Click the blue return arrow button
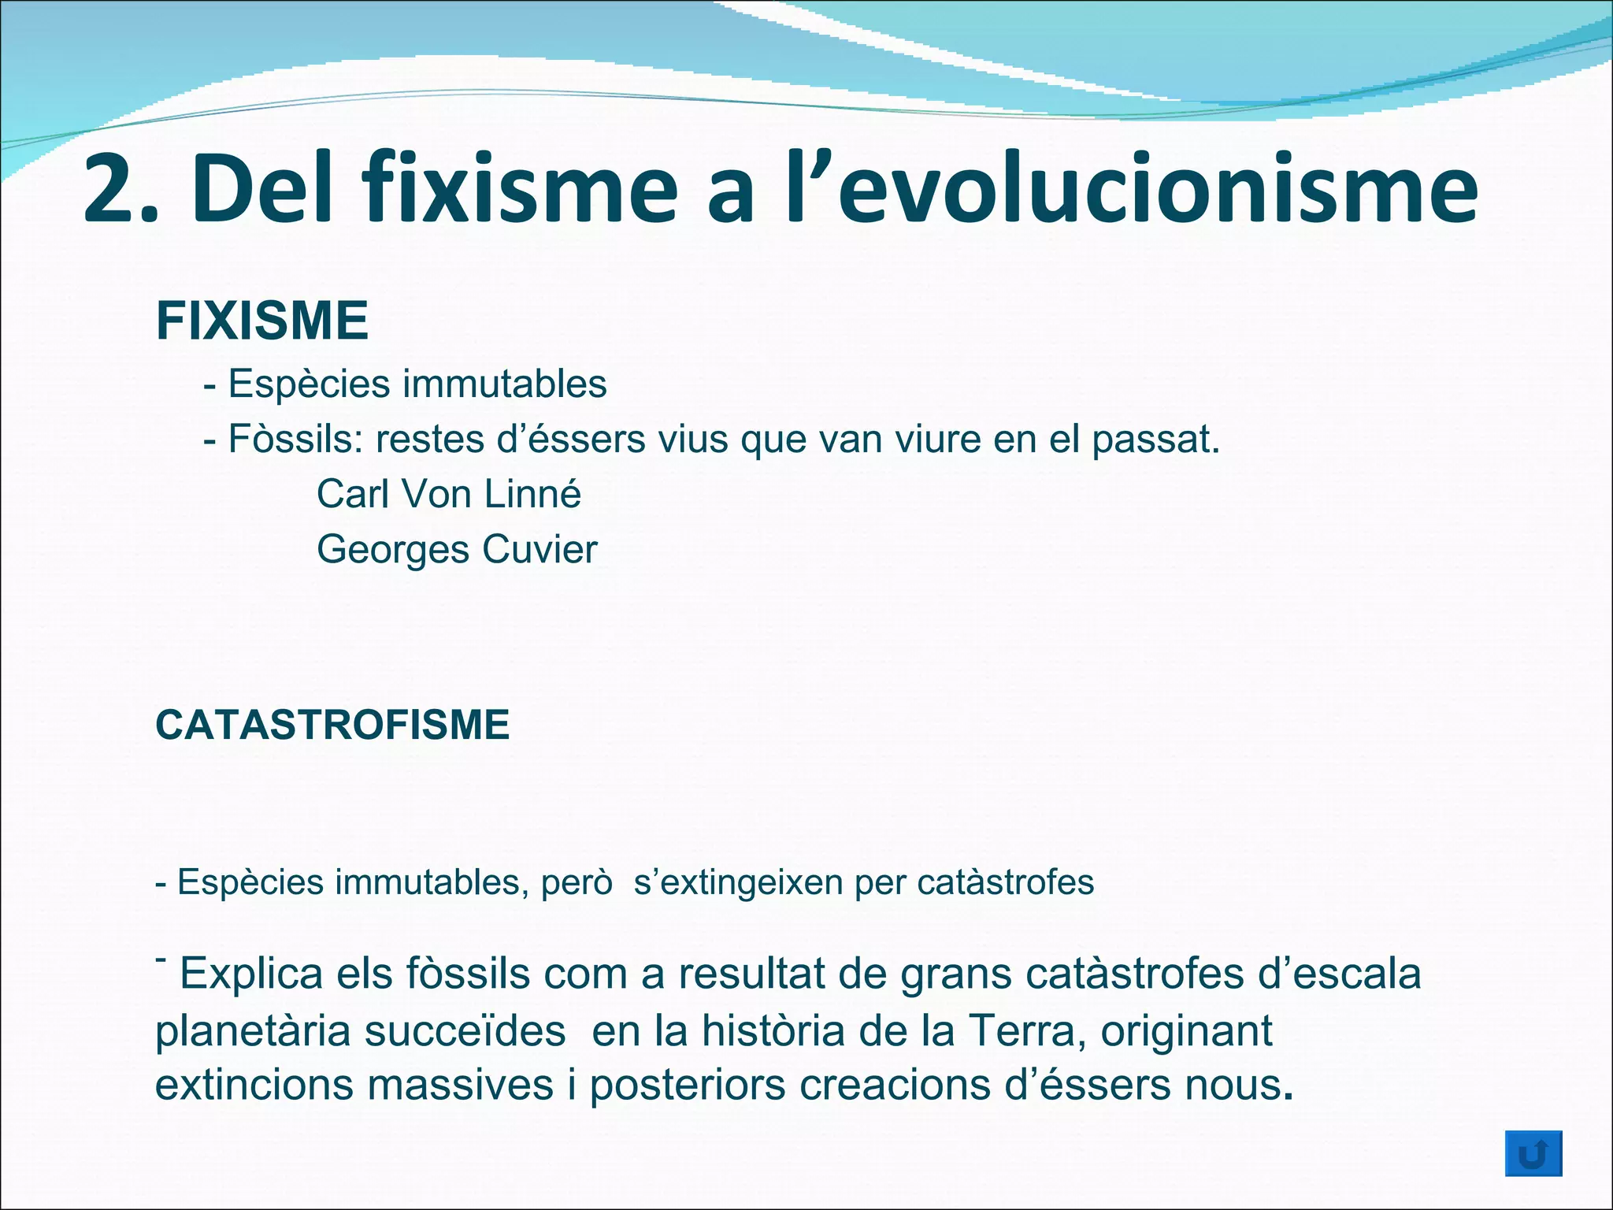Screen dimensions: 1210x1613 [1533, 1154]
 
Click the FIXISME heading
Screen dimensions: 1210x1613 [262, 321]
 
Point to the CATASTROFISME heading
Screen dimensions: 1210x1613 [332, 725]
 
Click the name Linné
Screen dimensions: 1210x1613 [532, 495]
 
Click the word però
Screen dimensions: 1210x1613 [577, 882]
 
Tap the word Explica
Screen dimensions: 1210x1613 [251, 974]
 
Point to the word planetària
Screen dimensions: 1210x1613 [253, 1030]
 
